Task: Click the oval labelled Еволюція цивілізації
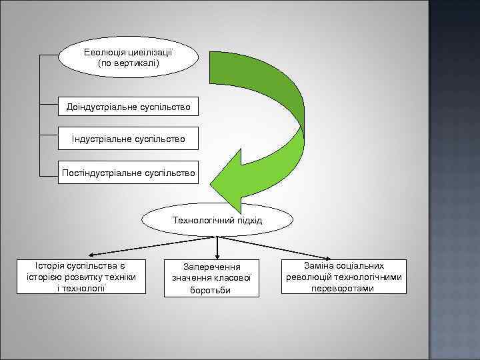(129, 57)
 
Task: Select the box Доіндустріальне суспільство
(128, 107)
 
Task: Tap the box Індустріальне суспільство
(128, 139)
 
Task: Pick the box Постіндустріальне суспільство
(128, 173)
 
